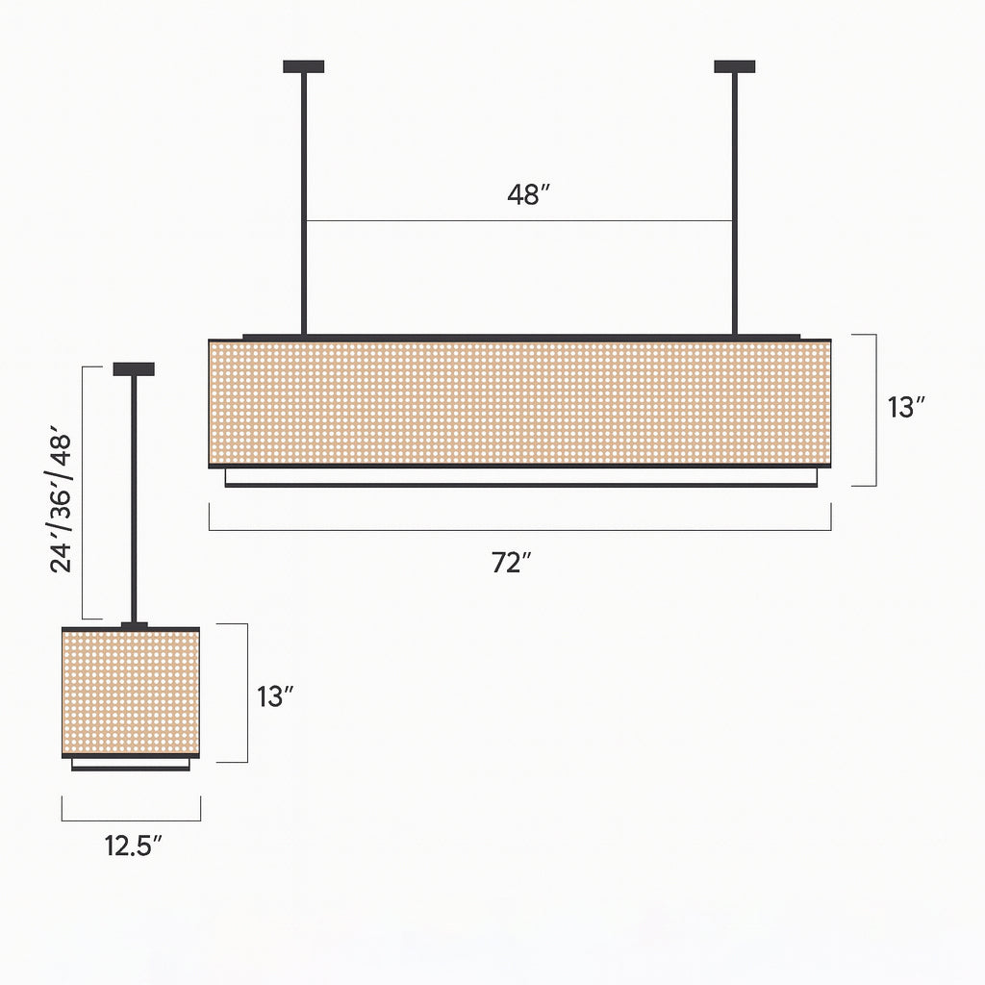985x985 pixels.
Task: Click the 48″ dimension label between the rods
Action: (x=528, y=194)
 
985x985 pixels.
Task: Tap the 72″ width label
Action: (x=512, y=564)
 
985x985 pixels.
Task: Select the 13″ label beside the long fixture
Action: (x=906, y=407)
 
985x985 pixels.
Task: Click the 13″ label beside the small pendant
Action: (x=275, y=696)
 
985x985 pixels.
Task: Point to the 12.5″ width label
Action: (x=133, y=846)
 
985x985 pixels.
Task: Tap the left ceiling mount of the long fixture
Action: (x=303, y=66)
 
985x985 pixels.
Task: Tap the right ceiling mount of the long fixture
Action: (x=734, y=66)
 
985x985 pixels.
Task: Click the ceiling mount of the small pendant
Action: (x=134, y=368)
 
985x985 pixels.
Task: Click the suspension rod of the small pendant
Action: (x=134, y=500)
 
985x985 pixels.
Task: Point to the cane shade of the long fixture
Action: (x=519, y=402)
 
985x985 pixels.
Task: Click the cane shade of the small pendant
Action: (x=131, y=693)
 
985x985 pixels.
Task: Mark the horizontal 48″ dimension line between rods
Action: (x=433, y=221)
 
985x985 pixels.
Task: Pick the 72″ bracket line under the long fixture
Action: (x=519, y=530)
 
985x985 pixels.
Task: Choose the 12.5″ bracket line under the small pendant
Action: (x=131, y=821)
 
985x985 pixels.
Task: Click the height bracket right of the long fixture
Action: (x=875, y=410)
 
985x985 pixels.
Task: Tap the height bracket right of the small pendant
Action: (x=247, y=693)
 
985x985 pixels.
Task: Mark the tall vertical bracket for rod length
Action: (x=84, y=492)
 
